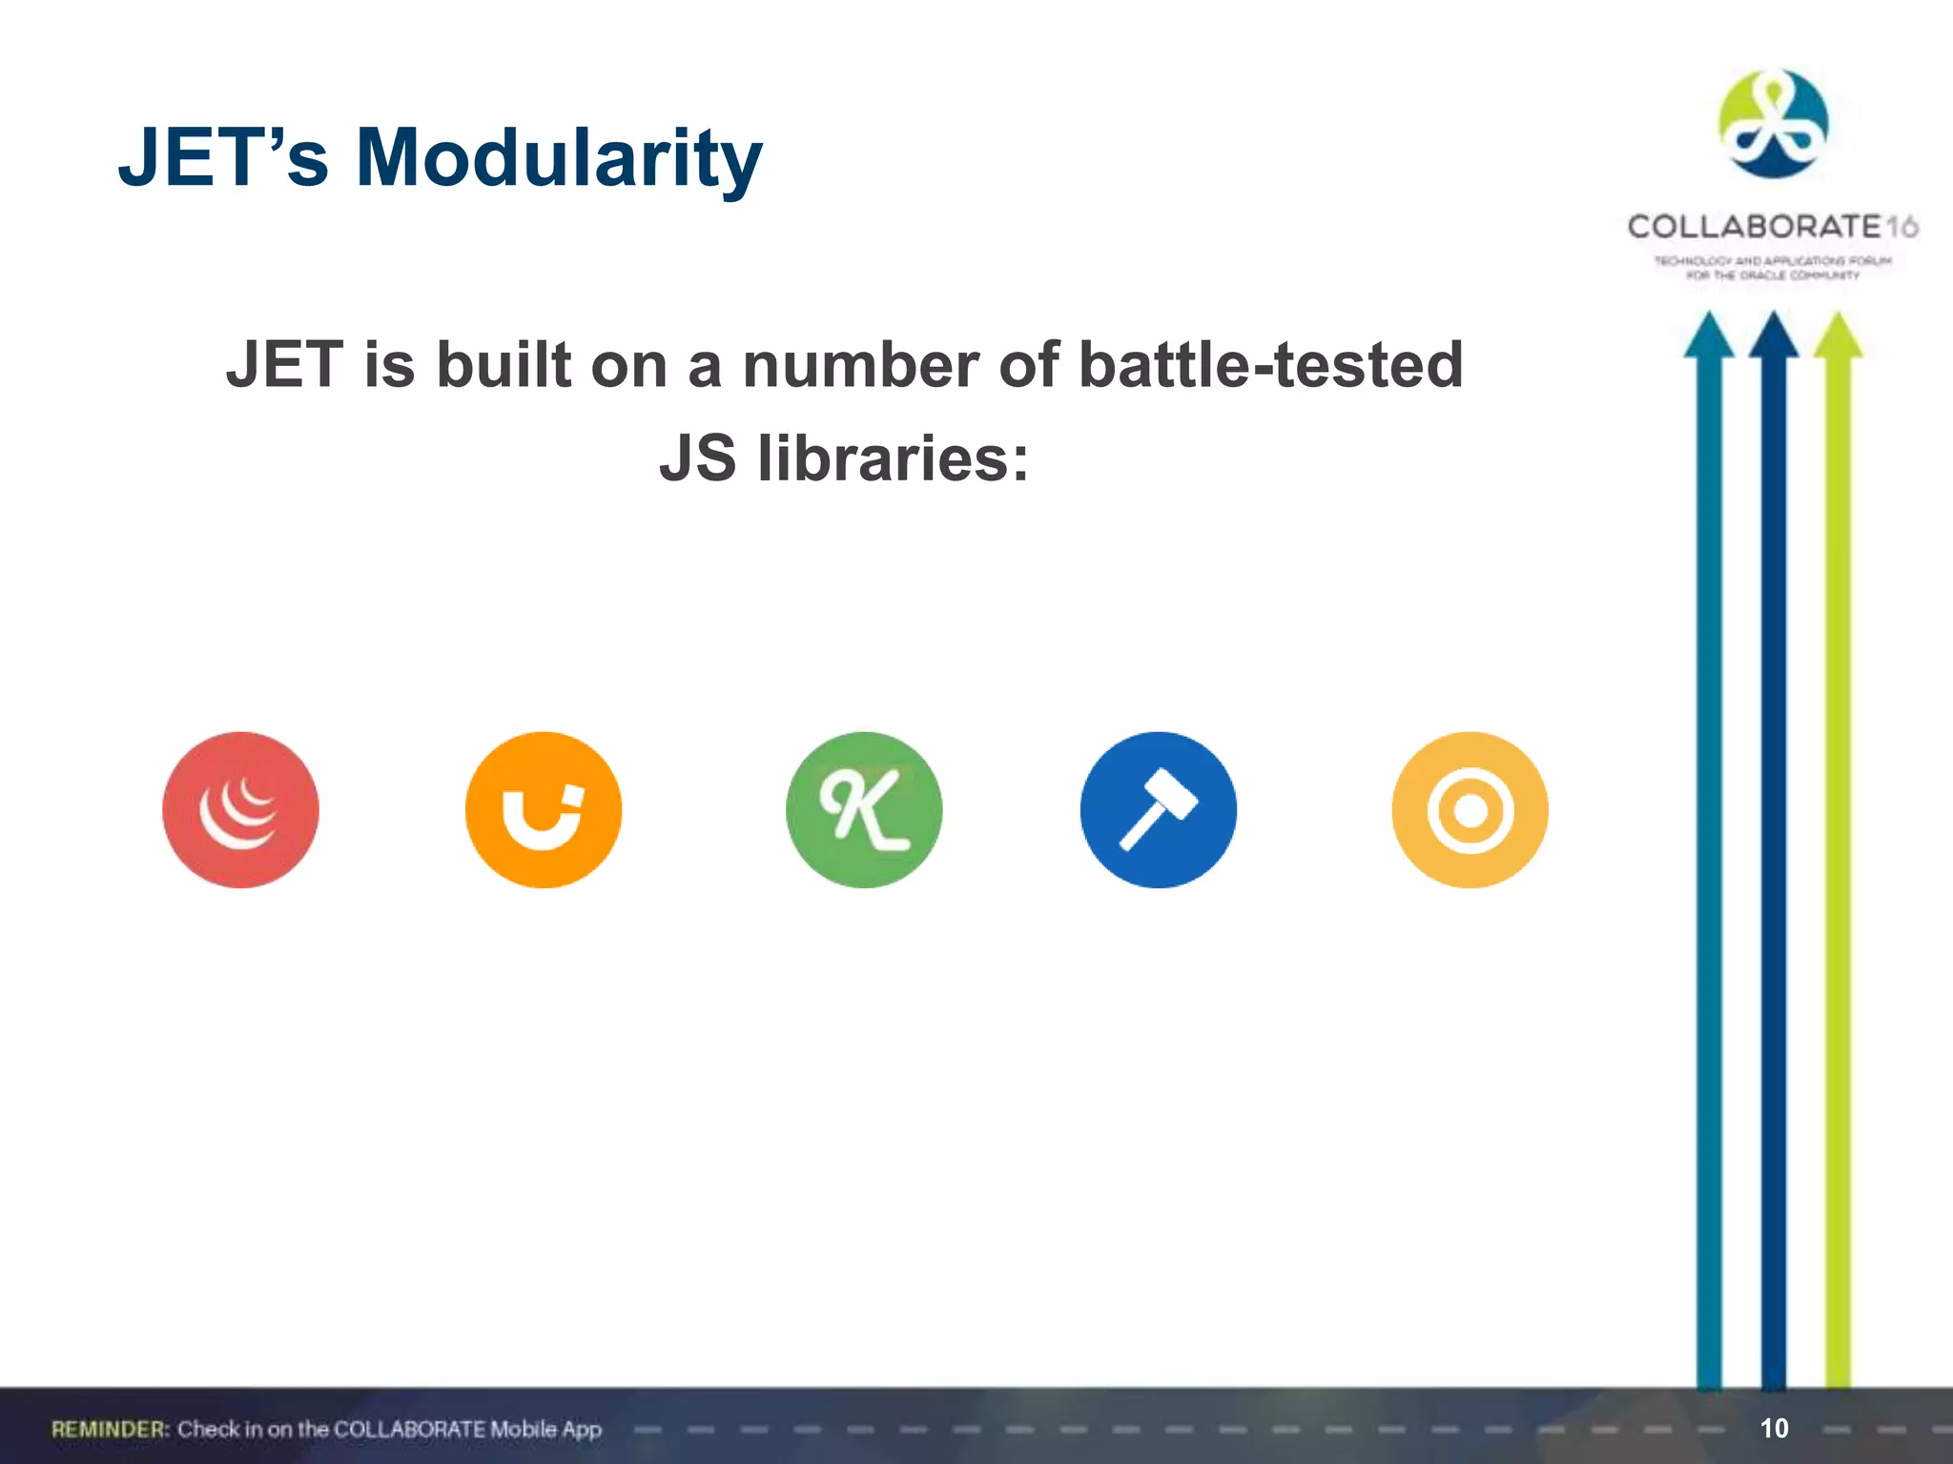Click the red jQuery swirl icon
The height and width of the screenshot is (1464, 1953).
[x=240, y=809]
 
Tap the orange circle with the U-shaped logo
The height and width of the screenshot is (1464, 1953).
[x=543, y=809]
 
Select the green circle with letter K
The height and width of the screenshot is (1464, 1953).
[x=864, y=809]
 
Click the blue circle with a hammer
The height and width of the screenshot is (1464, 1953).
[x=1158, y=809]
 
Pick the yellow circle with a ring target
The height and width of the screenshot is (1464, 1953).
[x=1470, y=809]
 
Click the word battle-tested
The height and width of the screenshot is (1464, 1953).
[x=1270, y=365]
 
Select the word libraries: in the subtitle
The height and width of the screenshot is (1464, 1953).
[x=893, y=458]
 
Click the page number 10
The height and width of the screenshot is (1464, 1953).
[x=1774, y=1428]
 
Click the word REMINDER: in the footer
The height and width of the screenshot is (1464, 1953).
[x=111, y=1429]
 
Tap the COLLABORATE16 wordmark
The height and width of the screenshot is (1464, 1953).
[x=1772, y=227]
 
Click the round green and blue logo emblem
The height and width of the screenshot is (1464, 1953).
[x=1773, y=124]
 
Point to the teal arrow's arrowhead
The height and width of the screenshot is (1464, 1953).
[x=1708, y=335]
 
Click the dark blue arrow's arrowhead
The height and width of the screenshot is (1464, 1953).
[x=1773, y=335]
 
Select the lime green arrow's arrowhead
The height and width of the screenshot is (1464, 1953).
[x=1838, y=335]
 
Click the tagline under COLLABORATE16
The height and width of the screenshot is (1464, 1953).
[x=1772, y=268]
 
